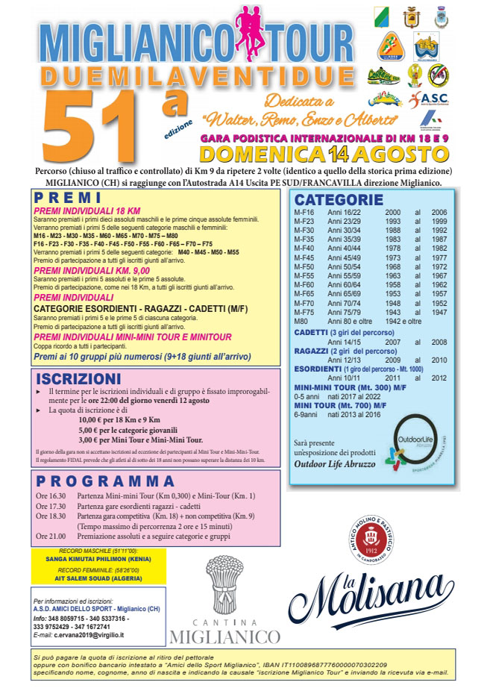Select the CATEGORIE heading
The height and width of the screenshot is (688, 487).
[338, 199]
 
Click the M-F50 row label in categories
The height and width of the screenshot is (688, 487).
[304, 266]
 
